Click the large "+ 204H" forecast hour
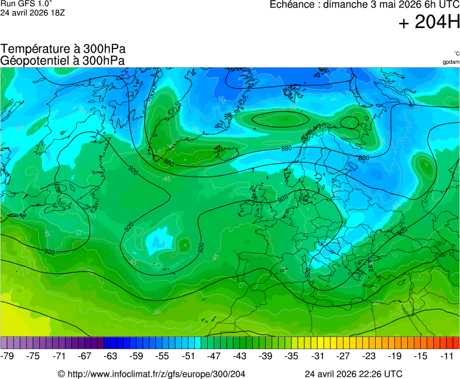coord(429,23)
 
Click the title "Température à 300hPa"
coord(63,50)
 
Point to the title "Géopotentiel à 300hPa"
coord(63,60)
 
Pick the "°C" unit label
coord(456,53)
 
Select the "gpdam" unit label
coord(451,62)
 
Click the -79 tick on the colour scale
coord(8,356)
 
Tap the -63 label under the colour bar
coord(111,356)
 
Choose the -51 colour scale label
coord(188,356)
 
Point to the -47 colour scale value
coord(214,356)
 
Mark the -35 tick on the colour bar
coord(291,356)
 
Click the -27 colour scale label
coord(343,356)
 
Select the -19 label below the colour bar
coord(394,356)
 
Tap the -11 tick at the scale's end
coord(447,356)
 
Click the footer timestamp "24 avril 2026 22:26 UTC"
coord(353,374)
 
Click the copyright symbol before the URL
coord(61,374)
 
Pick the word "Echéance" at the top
coord(291,5)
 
